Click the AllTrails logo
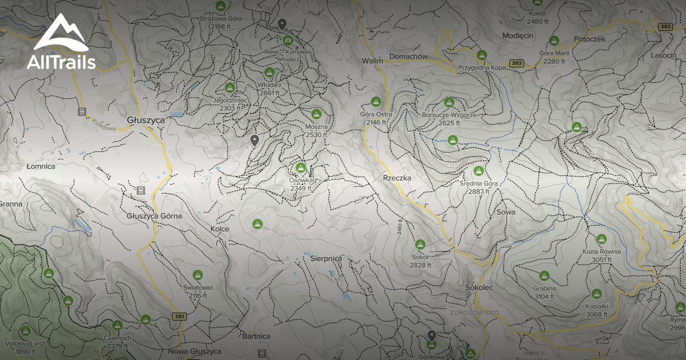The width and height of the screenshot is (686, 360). (x=61, y=42)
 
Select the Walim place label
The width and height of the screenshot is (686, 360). (x=372, y=60)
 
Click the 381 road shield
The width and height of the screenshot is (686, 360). (x=180, y=316)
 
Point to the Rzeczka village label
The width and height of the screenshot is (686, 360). (x=397, y=178)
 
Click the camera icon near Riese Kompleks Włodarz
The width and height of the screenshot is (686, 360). (x=288, y=40)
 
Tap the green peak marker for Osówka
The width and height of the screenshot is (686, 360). (x=301, y=168)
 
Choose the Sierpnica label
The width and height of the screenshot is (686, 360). (x=326, y=258)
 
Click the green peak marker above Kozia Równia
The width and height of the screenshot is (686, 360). (x=601, y=239)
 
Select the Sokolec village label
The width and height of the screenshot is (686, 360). (x=479, y=287)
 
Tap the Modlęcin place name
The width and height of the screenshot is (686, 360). (x=517, y=35)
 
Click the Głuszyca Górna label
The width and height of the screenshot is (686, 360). (x=154, y=216)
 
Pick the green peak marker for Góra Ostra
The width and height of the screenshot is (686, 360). (x=376, y=102)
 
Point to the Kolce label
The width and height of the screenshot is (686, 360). (x=220, y=229)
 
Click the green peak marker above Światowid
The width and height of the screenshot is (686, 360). (x=197, y=275)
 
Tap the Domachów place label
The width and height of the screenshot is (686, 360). (x=408, y=57)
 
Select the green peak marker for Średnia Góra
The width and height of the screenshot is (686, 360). (x=478, y=171)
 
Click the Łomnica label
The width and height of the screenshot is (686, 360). (x=41, y=166)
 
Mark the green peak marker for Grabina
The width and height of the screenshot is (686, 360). (x=544, y=276)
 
